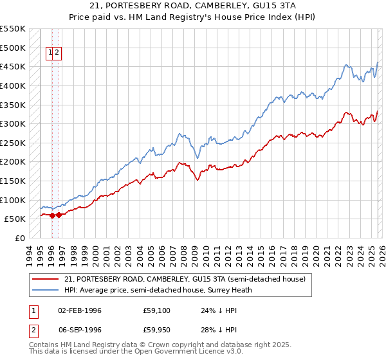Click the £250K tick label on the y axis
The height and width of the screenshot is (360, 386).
click(x=13, y=143)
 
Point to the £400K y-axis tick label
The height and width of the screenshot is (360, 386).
click(x=13, y=85)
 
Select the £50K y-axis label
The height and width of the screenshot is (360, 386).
click(x=15, y=219)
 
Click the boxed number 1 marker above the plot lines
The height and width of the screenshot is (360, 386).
click(x=50, y=53)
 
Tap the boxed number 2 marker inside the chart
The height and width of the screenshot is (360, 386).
click(x=57, y=53)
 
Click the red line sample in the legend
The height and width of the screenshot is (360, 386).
click(x=46, y=279)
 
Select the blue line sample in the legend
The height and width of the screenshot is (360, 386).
click(x=46, y=290)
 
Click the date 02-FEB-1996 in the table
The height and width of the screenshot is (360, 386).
click(x=80, y=310)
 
